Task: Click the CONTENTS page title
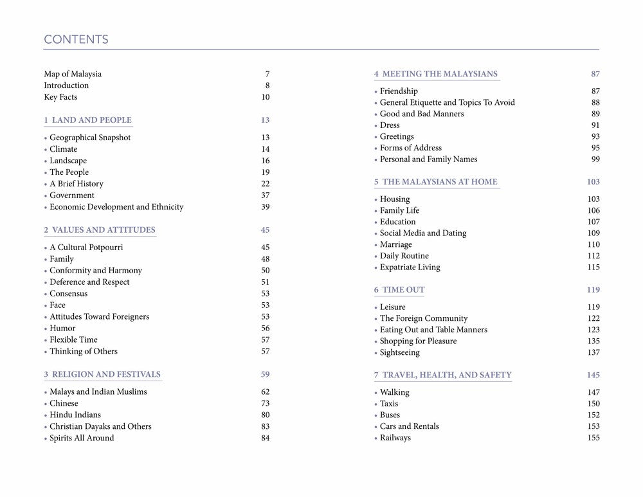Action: click(x=76, y=40)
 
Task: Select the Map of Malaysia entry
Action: click(x=73, y=74)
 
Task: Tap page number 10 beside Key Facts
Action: click(x=266, y=97)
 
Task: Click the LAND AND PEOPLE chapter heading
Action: click(x=91, y=120)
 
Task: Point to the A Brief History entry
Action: click(x=77, y=184)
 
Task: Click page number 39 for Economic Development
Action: click(x=266, y=207)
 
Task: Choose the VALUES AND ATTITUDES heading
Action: click(x=103, y=230)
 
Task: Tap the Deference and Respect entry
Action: click(x=89, y=282)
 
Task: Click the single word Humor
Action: click(x=62, y=329)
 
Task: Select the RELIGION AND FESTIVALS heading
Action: click(x=106, y=374)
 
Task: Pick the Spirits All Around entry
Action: click(x=82, y=438)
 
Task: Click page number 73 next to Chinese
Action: click(x=266, y=404)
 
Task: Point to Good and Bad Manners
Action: click(x=422, y=114)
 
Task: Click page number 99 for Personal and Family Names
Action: click(x=595, y=159)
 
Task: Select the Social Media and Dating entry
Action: click(x=423, y=233)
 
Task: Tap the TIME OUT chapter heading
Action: click(x=403, y=290)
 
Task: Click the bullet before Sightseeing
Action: click(x=376, y=353)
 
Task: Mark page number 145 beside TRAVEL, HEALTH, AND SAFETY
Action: click(x=593, y=375)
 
